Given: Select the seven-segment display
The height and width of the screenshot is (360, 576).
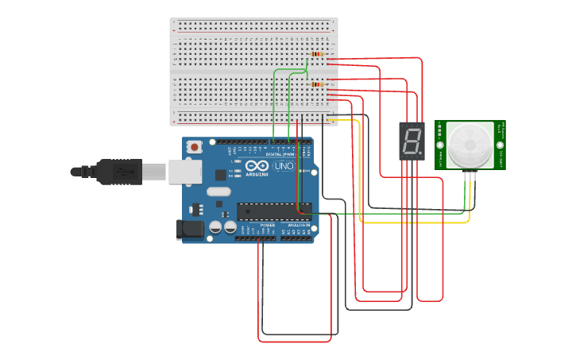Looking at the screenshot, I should point(412,141).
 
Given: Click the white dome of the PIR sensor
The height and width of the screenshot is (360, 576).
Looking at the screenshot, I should point(470,145).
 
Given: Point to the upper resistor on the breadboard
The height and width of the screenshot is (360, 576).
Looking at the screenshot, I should point(318,54).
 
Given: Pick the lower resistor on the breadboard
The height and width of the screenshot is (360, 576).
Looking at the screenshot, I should point(318,83).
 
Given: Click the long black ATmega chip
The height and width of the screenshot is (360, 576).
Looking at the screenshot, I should point(274,211).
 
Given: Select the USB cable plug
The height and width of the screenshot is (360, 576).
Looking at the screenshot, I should point(119,171).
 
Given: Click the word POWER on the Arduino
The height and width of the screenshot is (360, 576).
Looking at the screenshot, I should point(268,226).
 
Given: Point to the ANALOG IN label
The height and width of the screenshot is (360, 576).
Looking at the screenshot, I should point(298,226).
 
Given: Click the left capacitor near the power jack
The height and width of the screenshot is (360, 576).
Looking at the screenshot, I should point(215,227).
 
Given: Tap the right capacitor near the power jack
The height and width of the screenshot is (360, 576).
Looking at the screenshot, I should point(230,227).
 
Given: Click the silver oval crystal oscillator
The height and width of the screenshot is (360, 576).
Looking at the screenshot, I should point(218,192).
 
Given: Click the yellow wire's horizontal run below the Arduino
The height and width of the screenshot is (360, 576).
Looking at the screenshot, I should point(413,222).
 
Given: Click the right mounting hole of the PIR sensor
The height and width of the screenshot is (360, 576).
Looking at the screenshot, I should point(501,145).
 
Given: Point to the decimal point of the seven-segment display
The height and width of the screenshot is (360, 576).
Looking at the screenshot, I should point(420,153).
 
